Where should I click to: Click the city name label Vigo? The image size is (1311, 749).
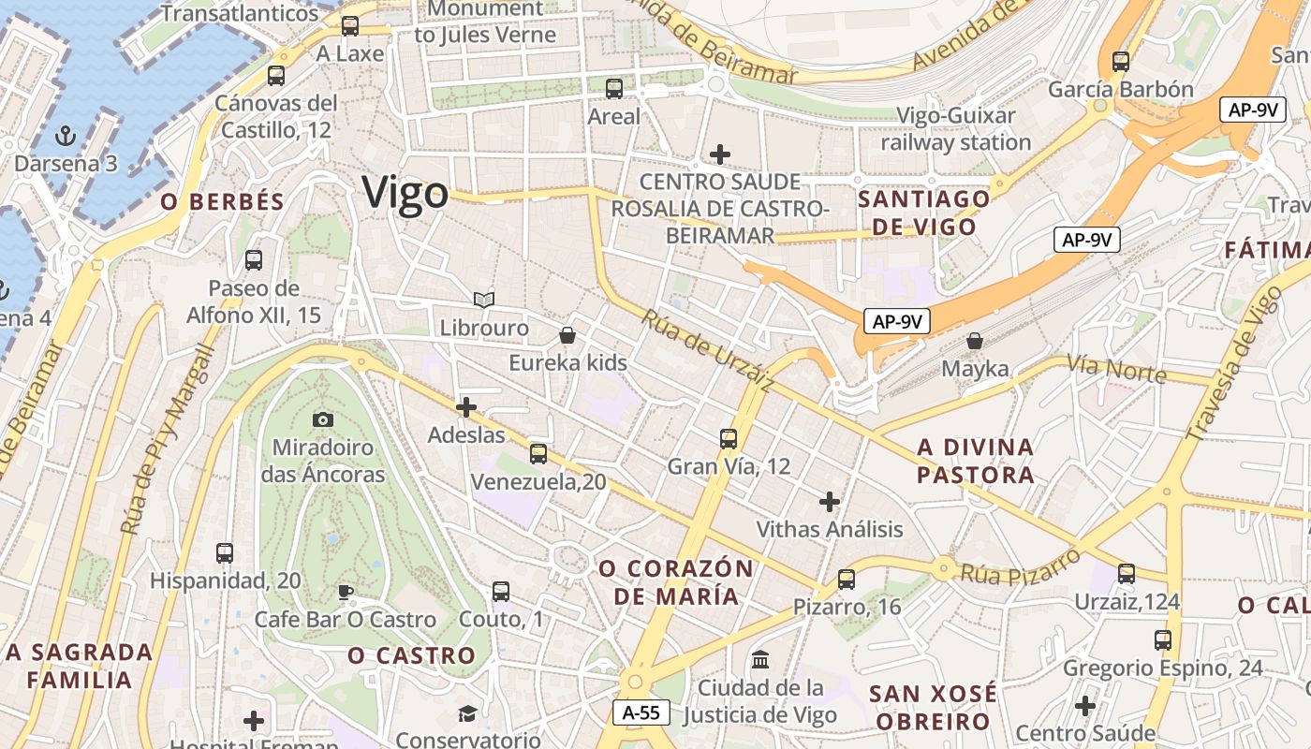(405, 193)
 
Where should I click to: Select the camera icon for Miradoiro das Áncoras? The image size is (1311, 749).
(323, 419)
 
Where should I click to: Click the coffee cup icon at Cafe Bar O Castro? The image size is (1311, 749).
(345, 592)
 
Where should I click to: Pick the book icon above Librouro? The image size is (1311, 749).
(484, 300)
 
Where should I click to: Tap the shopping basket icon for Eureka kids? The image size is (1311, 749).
(567, 334)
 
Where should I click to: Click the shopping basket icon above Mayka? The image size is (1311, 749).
(975, 341)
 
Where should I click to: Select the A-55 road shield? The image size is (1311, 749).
(642, 712)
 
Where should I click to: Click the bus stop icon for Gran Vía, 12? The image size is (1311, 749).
(729, 438)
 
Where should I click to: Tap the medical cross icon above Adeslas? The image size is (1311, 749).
(465, 407)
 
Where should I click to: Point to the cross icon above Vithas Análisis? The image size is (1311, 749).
(829, 502)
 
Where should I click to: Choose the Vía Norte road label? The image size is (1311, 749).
(1116, 369)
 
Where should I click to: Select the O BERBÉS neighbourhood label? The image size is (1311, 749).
(222, 201)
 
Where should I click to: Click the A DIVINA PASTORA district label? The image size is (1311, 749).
(976, 461)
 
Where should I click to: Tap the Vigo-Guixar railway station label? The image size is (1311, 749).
(955, 129)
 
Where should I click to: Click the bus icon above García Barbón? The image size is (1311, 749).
(1121, 62)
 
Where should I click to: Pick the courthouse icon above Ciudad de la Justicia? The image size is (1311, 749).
(760, 660)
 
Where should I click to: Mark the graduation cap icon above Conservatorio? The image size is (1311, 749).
(466, 714)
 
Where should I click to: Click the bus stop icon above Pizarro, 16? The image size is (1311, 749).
(847, 580)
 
